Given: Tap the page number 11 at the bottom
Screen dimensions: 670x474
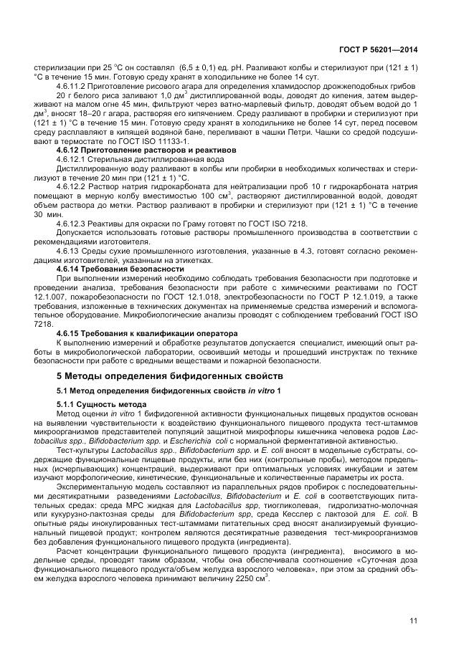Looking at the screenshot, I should (414, 621).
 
